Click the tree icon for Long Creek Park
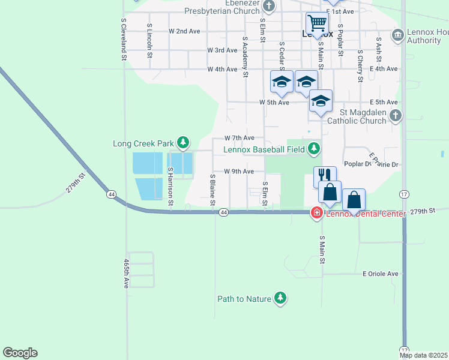183,143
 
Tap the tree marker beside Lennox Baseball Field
313,148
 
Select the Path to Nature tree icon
280,298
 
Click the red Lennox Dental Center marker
315,213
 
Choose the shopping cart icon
317,23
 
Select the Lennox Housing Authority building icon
397,35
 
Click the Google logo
20,353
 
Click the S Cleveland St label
123,40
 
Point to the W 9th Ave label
244,172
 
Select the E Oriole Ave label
381,274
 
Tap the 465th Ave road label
126,274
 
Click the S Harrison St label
170,187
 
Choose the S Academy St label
245,58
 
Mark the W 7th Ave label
244,138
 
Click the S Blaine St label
212,190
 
